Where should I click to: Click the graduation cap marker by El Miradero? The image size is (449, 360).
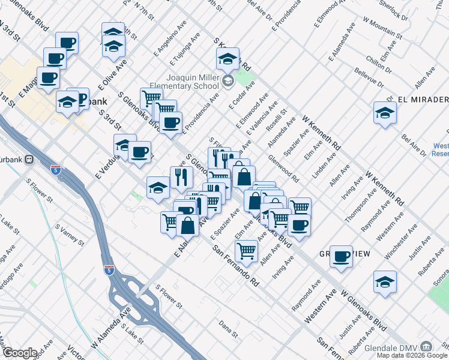tap(384, 112)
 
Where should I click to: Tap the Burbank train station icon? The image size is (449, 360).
tap(37, 160)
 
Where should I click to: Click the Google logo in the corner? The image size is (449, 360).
tap(20, 353)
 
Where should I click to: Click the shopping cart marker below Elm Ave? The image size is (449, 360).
tap(246, 250)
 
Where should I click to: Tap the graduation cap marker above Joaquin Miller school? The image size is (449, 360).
tap(228, 59)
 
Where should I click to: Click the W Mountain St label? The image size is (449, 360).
tap(382, 29)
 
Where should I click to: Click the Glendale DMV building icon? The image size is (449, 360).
tap(426, 346)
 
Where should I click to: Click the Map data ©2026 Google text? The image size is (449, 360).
tap(411, 355)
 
